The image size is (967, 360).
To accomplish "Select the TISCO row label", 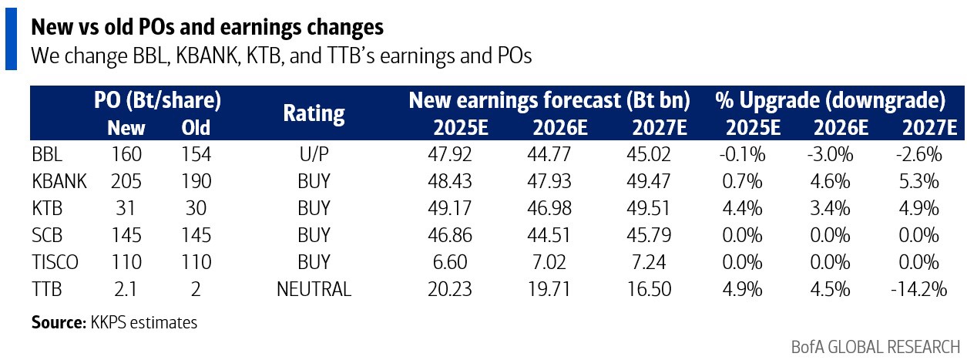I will tap(55, 262).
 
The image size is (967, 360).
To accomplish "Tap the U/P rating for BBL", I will tap(314, 154).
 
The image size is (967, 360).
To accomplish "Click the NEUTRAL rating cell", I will tap(314, 289).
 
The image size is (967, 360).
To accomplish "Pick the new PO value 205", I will tap(126, 181).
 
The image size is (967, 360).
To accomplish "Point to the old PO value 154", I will tap(195, 154).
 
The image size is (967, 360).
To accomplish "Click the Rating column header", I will tap(314, 114).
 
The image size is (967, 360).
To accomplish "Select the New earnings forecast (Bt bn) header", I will tap(549, 100).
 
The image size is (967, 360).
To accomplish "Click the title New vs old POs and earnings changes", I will tap(206, 28).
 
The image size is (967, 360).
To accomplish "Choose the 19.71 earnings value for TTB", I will tap(552, 289).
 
